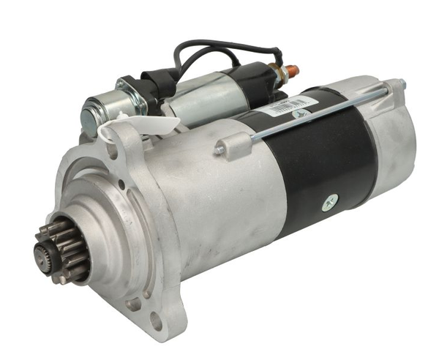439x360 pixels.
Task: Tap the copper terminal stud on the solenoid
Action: [x=293, y=70]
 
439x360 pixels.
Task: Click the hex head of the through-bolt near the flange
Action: [x=219, y=150]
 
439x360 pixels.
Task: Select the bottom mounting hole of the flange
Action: [x=155, y=320]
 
